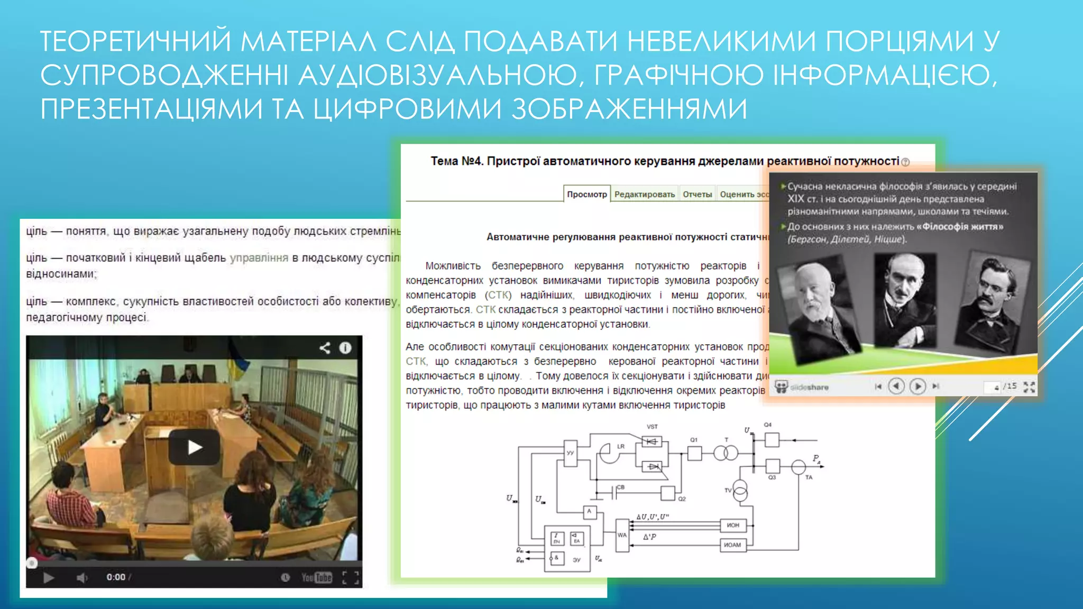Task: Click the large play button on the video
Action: (194, 447)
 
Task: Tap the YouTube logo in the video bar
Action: (316, 577)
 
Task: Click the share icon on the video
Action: (325, 348)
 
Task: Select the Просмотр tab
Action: (587, 194)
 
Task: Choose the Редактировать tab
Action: (645, 194)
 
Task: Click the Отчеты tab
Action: (697, 194)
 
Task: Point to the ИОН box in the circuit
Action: (733, 525)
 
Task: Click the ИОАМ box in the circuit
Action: (733, 545)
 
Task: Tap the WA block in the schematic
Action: (622, 535)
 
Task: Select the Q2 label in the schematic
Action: (682, 499)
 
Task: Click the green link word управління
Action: (259, 258)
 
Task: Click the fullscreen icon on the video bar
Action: (350, 577)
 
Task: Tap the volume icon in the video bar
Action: (82, 577)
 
